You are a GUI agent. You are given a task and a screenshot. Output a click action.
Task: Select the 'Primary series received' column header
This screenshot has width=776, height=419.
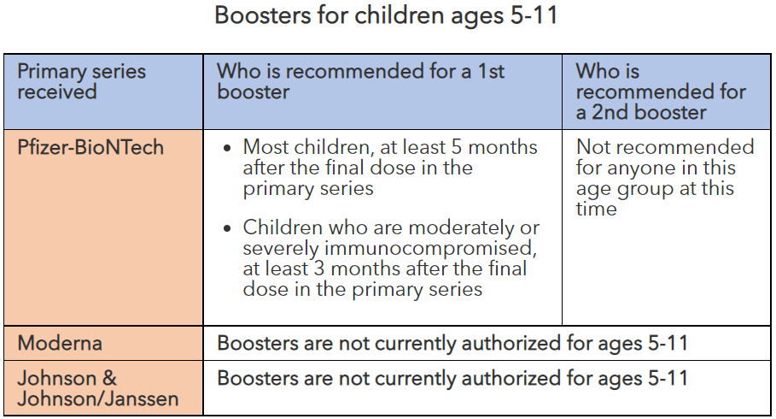click(x=81, y=81)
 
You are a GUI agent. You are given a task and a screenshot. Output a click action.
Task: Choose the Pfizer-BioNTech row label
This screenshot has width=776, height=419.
click(x=90, y=147)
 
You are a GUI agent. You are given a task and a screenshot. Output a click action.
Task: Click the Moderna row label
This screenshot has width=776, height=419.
click(x=60, y=343)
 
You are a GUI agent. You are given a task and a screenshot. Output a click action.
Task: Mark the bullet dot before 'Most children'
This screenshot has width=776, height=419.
click(x=226, y=148)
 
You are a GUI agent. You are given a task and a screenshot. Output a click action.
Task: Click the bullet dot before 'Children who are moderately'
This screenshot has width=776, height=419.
click(x=226, y=228)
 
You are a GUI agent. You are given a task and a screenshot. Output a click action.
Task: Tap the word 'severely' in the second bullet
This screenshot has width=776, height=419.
click(x=279, y=248)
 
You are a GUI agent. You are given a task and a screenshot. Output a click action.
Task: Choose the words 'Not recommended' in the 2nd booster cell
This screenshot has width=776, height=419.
click(x=665, y=147)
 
